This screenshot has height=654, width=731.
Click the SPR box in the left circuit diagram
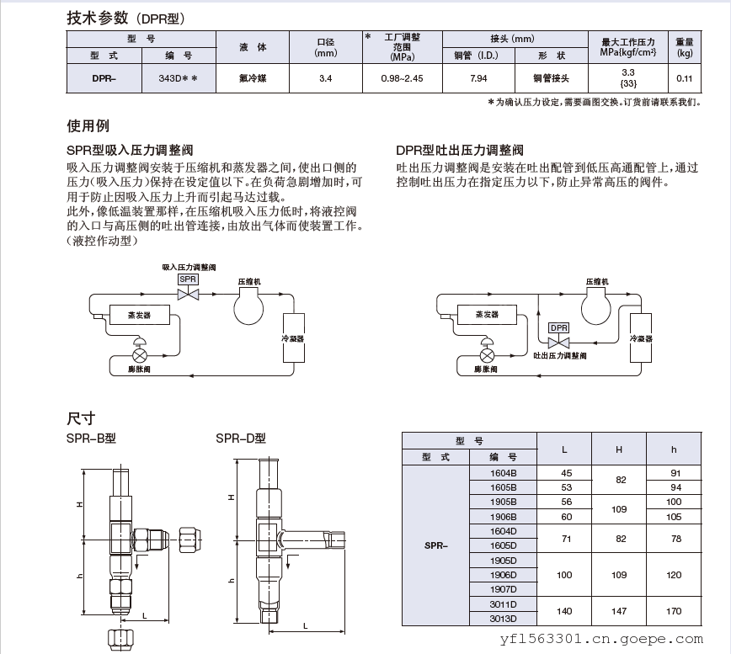[188, 279]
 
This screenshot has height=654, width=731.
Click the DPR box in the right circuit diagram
[558, 327]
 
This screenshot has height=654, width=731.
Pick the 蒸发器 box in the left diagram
[140, 315]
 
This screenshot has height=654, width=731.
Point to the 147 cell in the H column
[618, 612]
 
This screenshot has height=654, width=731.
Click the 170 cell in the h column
[674, 612]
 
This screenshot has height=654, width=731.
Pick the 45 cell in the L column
[565, 473]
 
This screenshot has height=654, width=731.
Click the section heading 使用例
[88, 126]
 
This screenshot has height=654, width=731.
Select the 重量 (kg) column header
[684, 47]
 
